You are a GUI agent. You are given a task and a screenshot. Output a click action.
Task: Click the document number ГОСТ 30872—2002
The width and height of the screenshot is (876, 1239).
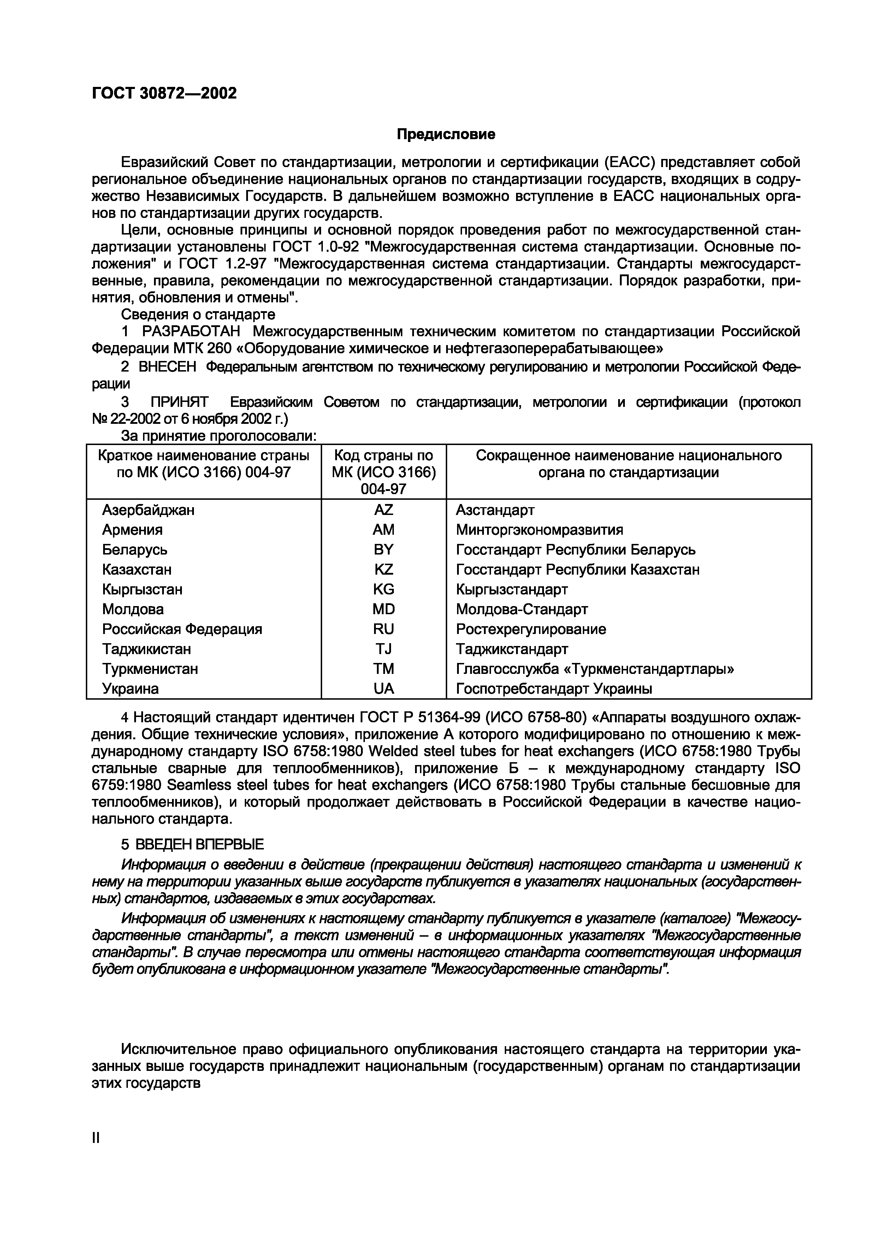pyautogui.click(x=165, y=93)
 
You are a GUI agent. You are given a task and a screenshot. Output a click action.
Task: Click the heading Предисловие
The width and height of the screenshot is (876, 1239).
pyautogui.click(x=446, y=134)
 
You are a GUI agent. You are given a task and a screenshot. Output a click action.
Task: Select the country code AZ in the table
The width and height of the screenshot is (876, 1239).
pyautogui.click(x=383, y=510)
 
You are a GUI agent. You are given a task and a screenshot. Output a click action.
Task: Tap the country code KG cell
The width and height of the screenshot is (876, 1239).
pyautogui.click(x=383, y=589)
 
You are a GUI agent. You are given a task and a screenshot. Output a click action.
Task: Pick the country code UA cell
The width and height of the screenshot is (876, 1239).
pyautogui.click(x=383, y=689)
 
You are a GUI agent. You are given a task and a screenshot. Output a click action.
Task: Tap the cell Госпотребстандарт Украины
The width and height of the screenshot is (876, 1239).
pyautogui.click(x=554, y=689)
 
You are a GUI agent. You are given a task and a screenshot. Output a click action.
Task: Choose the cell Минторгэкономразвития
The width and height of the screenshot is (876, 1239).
pyautogui.click(x=539, y=530)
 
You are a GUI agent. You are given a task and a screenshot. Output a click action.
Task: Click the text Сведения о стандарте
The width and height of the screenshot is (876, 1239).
pyautogui.click(x=198, y=314)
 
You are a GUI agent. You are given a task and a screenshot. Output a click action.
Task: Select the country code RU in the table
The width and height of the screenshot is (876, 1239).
pyautogui.click(x=383, y=629)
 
